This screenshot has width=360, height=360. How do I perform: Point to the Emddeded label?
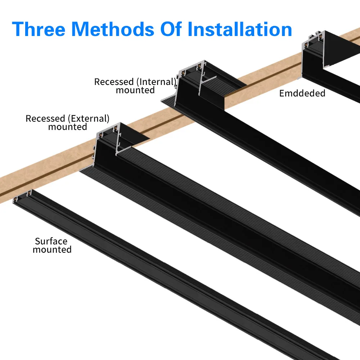[x=302, y=94]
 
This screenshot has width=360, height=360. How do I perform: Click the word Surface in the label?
[x=51, y=241]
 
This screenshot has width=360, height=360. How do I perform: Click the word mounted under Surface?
[x=52, y=249]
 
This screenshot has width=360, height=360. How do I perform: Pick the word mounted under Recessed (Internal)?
[x=135, y=90]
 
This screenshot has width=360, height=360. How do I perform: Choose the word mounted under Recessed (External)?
[x=67, y=127]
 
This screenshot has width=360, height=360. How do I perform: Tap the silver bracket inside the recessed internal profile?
[x=207, y=81]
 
